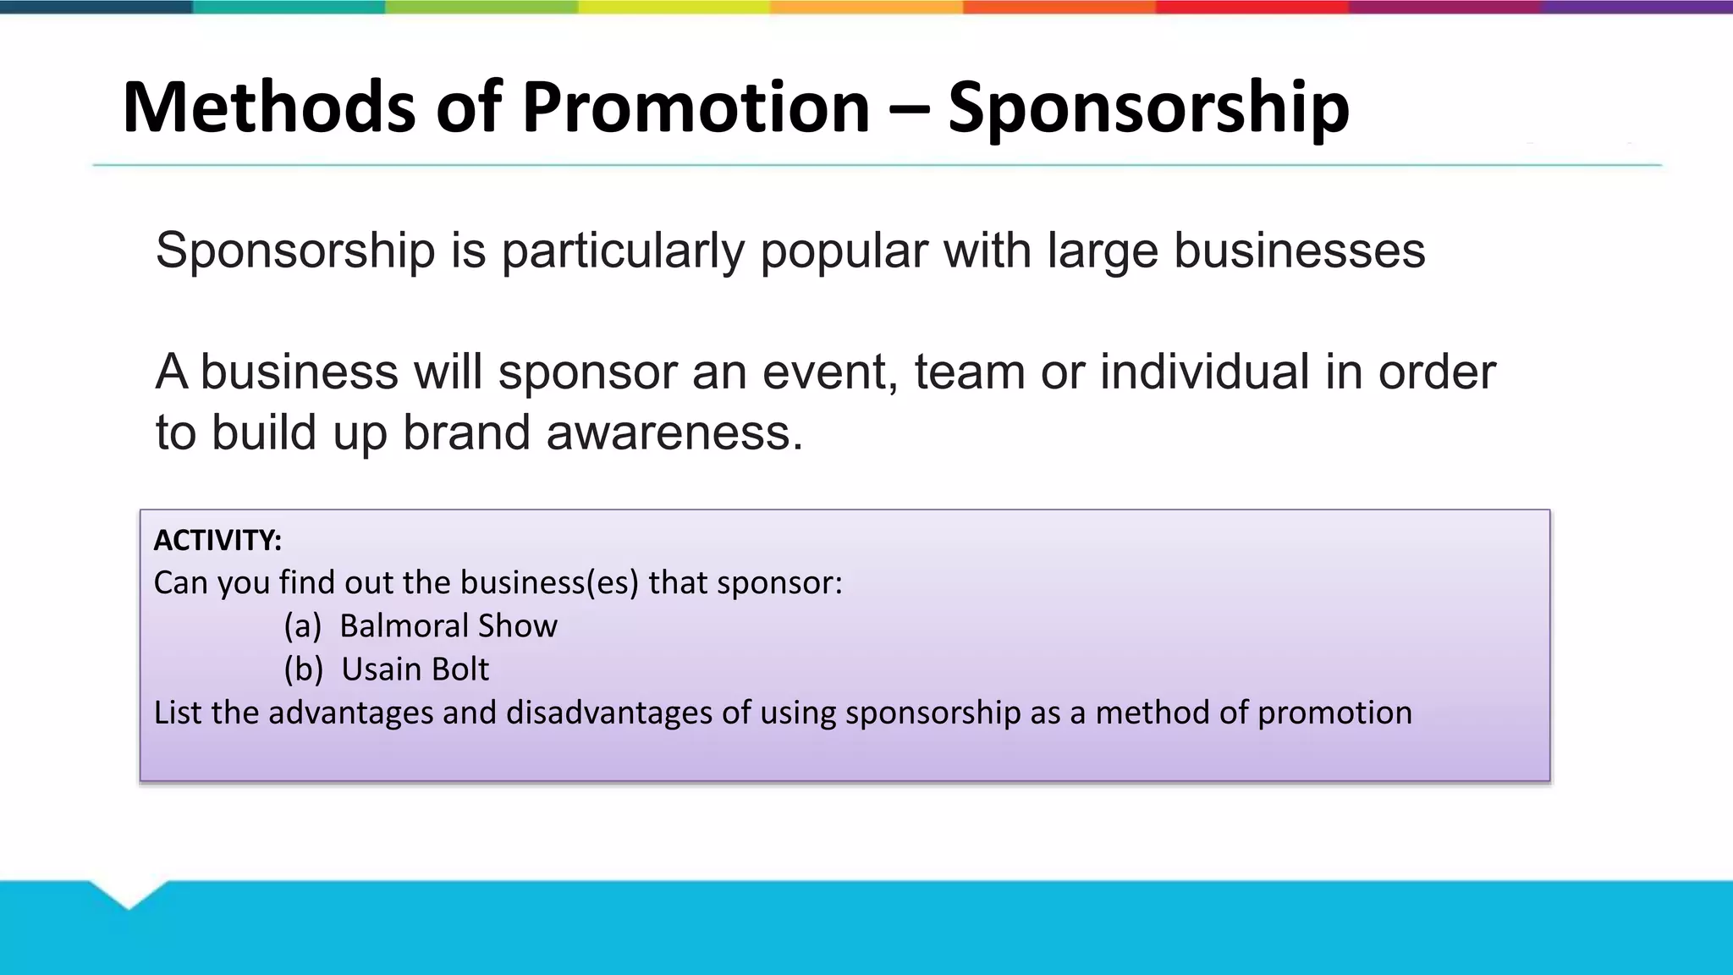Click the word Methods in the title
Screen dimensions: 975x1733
(269, 107)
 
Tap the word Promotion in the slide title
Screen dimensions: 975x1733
(696, 107)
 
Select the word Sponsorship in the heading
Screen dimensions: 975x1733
(1148, 107)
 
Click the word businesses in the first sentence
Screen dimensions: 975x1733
(1299, 251)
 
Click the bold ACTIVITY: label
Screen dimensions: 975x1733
(217, 540)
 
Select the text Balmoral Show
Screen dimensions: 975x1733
(448, 626)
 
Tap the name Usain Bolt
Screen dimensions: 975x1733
(415, 669)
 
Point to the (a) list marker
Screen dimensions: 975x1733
(302, 626)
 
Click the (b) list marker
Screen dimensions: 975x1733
(303, 669)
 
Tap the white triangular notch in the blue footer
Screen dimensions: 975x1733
(129, 892)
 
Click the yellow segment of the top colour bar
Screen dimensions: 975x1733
(674, 7)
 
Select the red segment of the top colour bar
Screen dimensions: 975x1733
(1252, 7)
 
